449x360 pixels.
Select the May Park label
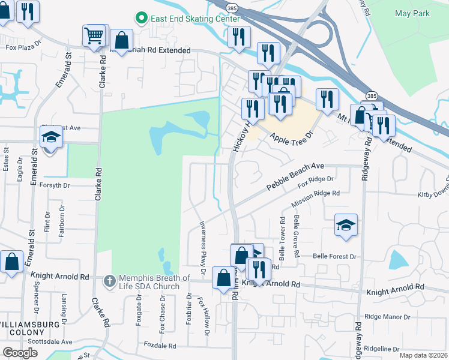tap(412, 13)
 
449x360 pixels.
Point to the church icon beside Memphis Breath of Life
tap(109, 280)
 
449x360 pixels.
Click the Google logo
tap(20, 353)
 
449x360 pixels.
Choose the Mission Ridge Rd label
tap(315, 200)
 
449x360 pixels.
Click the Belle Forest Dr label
tap(335, 256)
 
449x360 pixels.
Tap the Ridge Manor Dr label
tap(388, 316)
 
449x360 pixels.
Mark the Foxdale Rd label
tap(160, 346)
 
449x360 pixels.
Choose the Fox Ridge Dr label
tap(315, 182)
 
